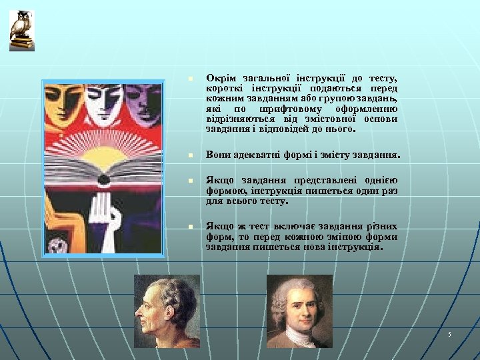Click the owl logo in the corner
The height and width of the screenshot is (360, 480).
pyautogui.click(x=22, y=30)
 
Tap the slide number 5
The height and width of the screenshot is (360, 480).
pyautogui.click(x=450, y=333)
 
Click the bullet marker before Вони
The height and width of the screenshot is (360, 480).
pyautogui.click(x=190, y=155)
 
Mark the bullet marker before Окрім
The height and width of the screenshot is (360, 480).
pyautogui.click(x=190, y=79)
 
